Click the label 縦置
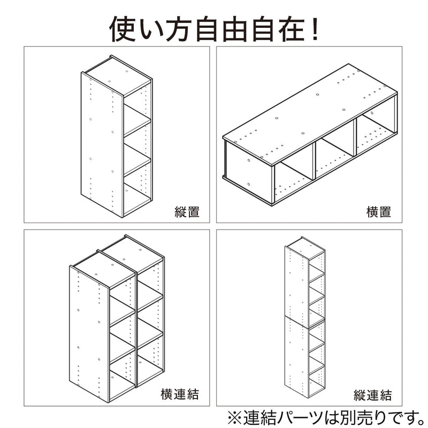[187, 212]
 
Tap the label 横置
[379, 212]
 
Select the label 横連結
[180, 394]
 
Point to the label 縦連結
[372, 395]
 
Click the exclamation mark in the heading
[315, 29]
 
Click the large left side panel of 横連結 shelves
[89, 333]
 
